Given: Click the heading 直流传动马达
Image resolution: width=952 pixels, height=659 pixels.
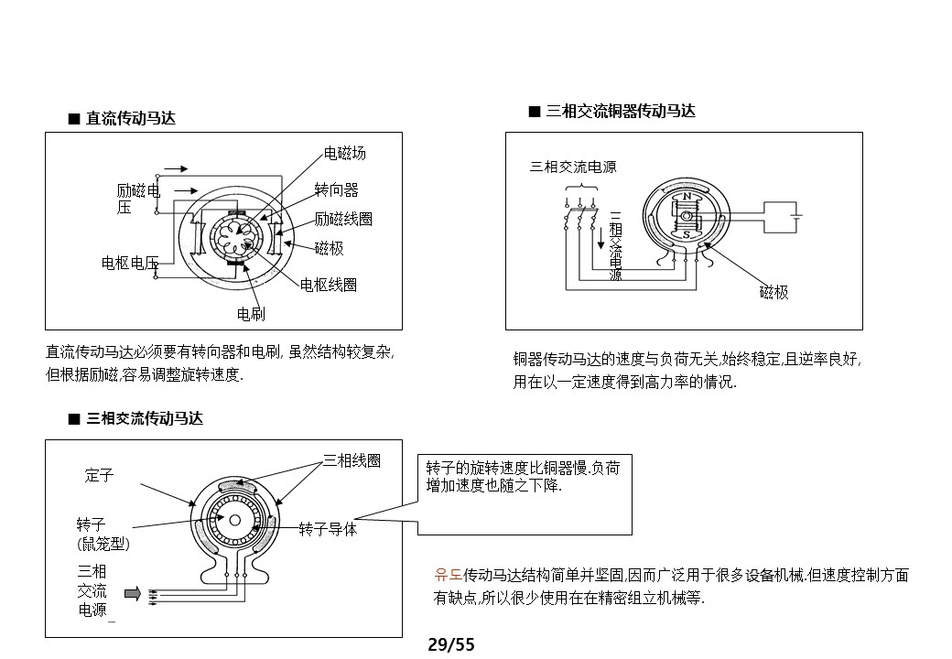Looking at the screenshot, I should pos(130,118).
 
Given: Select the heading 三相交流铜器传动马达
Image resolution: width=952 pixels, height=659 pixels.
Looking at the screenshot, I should pos(621,111).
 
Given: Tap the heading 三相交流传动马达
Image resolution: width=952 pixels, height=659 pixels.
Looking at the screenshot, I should pos(144,418).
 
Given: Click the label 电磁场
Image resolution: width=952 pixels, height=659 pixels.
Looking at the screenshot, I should pos(345,153).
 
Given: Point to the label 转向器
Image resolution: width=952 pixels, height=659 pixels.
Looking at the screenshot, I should pos(336,189).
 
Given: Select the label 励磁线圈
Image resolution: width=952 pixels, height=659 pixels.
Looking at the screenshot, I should pos(343,219).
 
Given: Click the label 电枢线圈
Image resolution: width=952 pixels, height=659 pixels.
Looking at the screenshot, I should pos(329,285).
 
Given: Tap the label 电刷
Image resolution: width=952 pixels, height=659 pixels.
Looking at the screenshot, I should pos(251,314).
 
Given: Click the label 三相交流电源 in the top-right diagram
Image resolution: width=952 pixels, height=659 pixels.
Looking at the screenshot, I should pos(573,167).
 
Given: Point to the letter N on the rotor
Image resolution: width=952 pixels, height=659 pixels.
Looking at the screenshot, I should pos(687,197).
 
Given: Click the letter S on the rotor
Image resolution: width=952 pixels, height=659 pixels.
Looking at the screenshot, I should pos(687,234).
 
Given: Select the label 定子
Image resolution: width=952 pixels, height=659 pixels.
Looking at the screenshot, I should pos(99,475).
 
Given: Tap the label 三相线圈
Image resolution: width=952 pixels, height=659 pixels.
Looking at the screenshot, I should pos(352,460).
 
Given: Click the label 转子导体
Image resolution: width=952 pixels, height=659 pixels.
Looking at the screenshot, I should pos(328,529).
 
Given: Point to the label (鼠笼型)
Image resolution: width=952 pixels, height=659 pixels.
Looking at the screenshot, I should pos(103,544).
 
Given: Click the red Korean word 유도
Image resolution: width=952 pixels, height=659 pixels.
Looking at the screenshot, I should pos(448,576).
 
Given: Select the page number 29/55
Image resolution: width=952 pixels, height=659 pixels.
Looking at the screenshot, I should pos(451,645).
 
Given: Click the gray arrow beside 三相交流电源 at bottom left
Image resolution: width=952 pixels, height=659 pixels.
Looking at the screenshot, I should pos(133,594).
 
